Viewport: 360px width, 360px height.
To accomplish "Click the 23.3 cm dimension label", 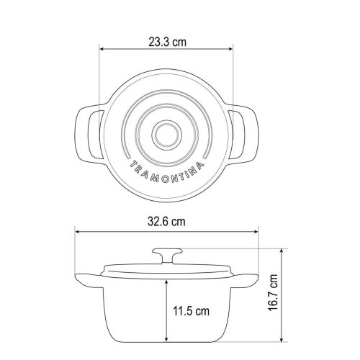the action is point(167,42).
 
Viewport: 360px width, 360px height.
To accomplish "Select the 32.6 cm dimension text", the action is point(166,222).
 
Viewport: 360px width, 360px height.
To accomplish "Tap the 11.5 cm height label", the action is point(192,311).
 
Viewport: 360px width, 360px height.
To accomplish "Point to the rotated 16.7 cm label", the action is point(273,293).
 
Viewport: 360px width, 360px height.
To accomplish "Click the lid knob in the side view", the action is point(167,256).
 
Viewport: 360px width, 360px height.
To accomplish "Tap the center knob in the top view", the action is point(167,134).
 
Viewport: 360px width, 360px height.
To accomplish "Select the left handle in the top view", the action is point(89,135).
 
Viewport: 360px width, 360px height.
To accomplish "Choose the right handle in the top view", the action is point(243,135).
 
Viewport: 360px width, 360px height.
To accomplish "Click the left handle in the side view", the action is point(89,281).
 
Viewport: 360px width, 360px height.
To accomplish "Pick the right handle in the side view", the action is point(245,280).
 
